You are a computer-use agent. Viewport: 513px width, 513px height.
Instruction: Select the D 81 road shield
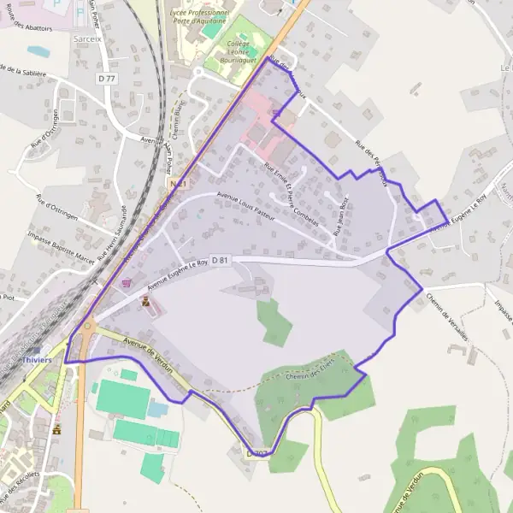point(219,260)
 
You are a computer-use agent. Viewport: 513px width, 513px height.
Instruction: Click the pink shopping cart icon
point(128,283)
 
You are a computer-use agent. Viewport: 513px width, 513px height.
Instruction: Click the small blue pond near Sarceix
point(38,51)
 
